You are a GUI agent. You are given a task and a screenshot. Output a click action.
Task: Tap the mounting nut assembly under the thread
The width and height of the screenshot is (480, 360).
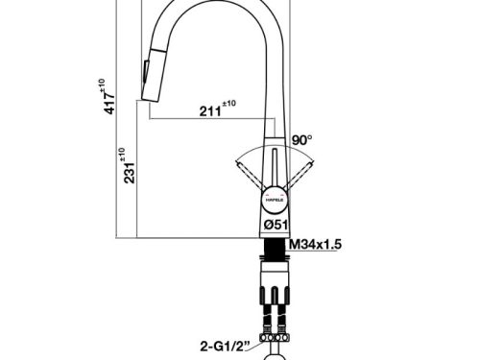click(273, 284)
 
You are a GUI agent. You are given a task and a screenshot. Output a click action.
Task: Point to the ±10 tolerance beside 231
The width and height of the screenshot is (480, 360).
click(122, 154)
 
